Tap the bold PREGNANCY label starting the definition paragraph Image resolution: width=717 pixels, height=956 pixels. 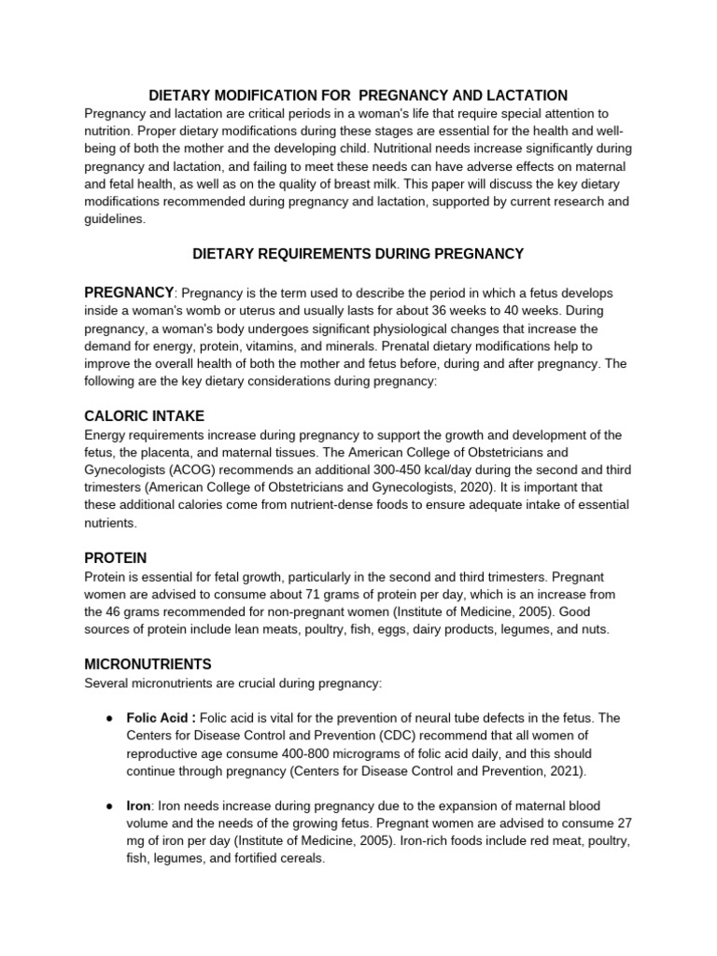tap(129, 292)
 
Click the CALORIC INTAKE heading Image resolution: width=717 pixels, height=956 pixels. tap(144, 415)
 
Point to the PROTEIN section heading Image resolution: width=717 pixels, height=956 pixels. tap(116, 557)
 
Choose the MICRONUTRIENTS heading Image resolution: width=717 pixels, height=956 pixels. tap(148, 664)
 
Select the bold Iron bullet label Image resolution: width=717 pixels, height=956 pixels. tap(138, 806)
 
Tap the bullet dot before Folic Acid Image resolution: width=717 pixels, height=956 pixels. tap(109, 718)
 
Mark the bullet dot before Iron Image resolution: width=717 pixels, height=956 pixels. tap(109, 806)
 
